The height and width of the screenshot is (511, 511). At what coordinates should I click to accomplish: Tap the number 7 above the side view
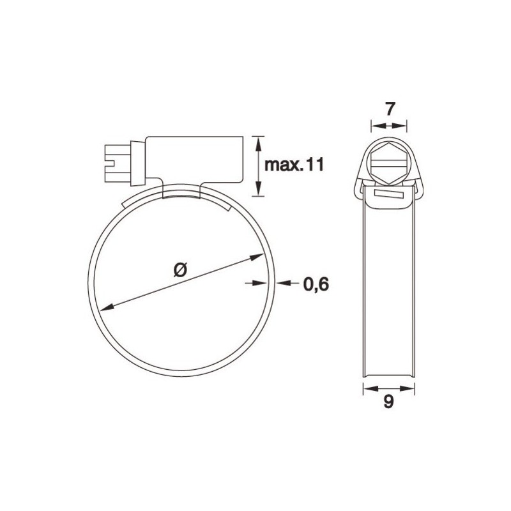[x=389, y=109]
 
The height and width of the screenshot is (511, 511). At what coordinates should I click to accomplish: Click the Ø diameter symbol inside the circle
[x=179, y=270]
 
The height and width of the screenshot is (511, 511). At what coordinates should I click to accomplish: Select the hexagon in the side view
[x=389, y=159]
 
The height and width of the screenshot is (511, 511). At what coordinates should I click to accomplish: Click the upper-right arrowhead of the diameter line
[x=259, y=257]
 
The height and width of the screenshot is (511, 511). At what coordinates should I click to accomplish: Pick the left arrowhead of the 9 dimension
[x=367, y=387]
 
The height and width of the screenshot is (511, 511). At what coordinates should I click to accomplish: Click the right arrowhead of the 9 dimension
[x=412, y=387]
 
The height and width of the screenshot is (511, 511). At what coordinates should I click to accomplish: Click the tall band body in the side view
[x=389, y=287]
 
